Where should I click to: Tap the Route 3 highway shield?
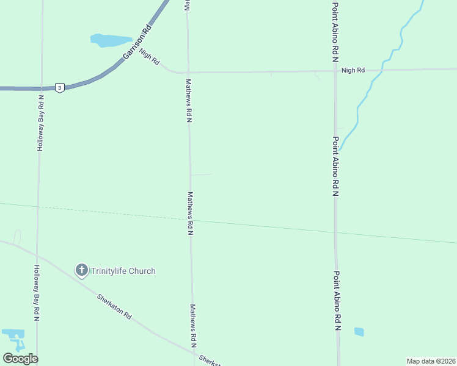point(59,88)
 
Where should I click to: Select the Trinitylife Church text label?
point(123,271)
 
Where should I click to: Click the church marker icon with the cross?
point(82,270)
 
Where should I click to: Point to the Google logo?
point(20,359)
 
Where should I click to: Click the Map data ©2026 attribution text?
point(430,361)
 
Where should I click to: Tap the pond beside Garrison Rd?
point(110,41)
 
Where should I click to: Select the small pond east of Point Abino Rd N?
point(359,332)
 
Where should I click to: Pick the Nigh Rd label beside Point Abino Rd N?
point(353,71)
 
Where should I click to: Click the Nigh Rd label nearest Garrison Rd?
point(149,58)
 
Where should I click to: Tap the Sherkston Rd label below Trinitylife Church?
point(114,307)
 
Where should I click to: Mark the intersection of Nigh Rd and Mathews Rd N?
point(188,72)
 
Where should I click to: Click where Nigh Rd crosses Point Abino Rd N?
point(335,71)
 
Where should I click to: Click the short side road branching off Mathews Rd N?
point(202,174)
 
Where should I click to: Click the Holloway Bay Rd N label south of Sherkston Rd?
point(37,293)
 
